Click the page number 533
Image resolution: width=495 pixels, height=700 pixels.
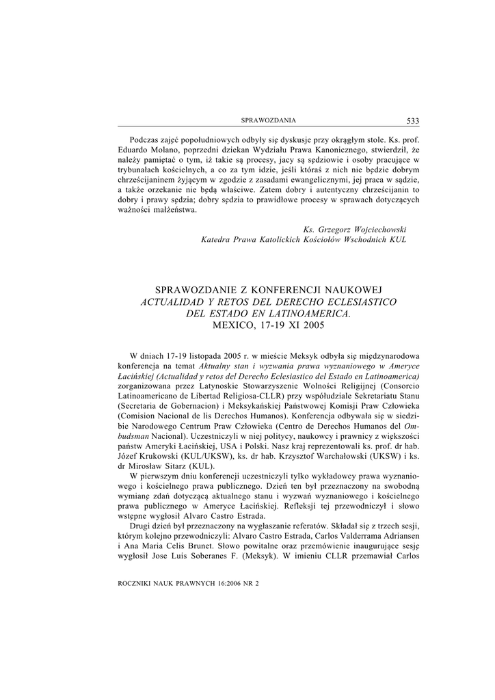412,121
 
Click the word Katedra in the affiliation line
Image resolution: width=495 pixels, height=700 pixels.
215,240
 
